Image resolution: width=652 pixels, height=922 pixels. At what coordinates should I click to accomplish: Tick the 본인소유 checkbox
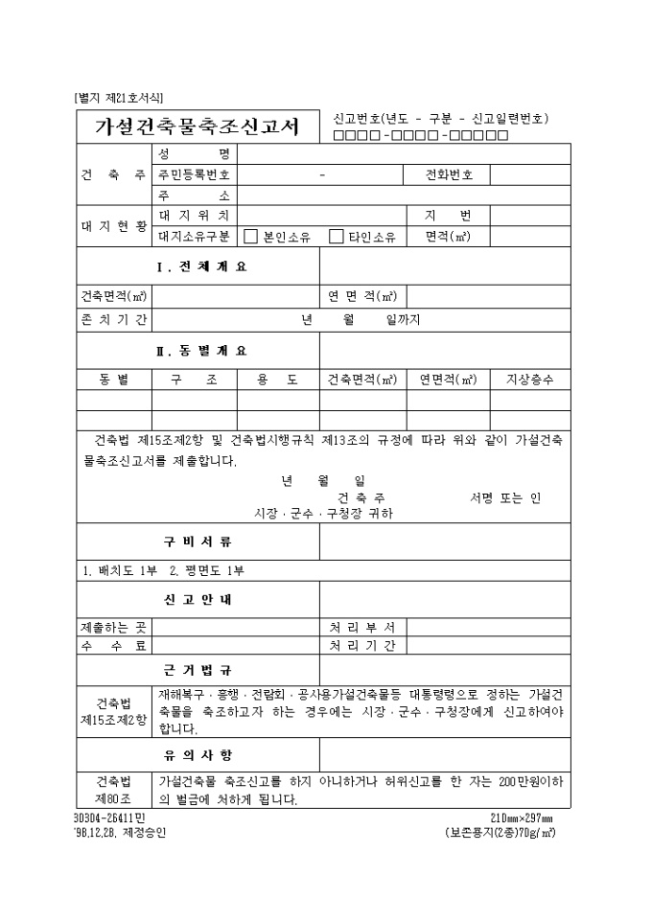[251, 236]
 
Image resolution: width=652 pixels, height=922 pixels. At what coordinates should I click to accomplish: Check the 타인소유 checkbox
[337, 236]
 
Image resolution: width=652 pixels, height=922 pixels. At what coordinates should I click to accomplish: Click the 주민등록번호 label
[195, 175]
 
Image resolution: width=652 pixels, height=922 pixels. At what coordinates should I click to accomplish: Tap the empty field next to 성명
[403, 154]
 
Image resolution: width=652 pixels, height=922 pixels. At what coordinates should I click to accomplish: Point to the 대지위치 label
[195, 216]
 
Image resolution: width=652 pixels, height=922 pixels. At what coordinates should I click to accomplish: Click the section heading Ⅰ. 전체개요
[200, 266]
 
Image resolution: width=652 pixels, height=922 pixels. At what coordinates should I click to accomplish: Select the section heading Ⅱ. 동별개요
[200, 350]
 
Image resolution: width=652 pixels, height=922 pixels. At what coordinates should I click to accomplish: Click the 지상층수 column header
[529, 380]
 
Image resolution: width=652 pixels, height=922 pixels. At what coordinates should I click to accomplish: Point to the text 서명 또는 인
[505, 497]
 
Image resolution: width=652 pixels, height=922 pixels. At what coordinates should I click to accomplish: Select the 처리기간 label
[362, 646]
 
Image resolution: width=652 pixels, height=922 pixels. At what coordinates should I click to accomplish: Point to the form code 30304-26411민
[108, 818]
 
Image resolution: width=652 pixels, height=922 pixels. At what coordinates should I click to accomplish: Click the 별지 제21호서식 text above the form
[118, 97]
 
